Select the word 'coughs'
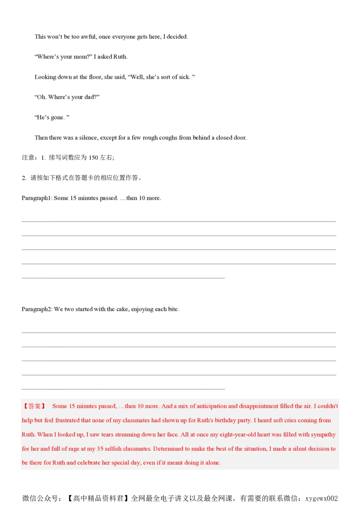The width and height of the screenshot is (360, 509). pyautogui.click(x=168, y=138)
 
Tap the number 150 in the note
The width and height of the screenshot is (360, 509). pyautogui.click(x=93, y=158)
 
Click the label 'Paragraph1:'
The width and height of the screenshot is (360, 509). pyautogui.click(x=37, y=198)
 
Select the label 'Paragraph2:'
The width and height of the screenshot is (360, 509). pyautogui.click(x=37, y=309)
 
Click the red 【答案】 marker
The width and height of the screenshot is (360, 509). pyautogui.click(x=34, y=406)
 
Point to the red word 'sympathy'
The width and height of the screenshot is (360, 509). pyautogui.click(x=323, y=435)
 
